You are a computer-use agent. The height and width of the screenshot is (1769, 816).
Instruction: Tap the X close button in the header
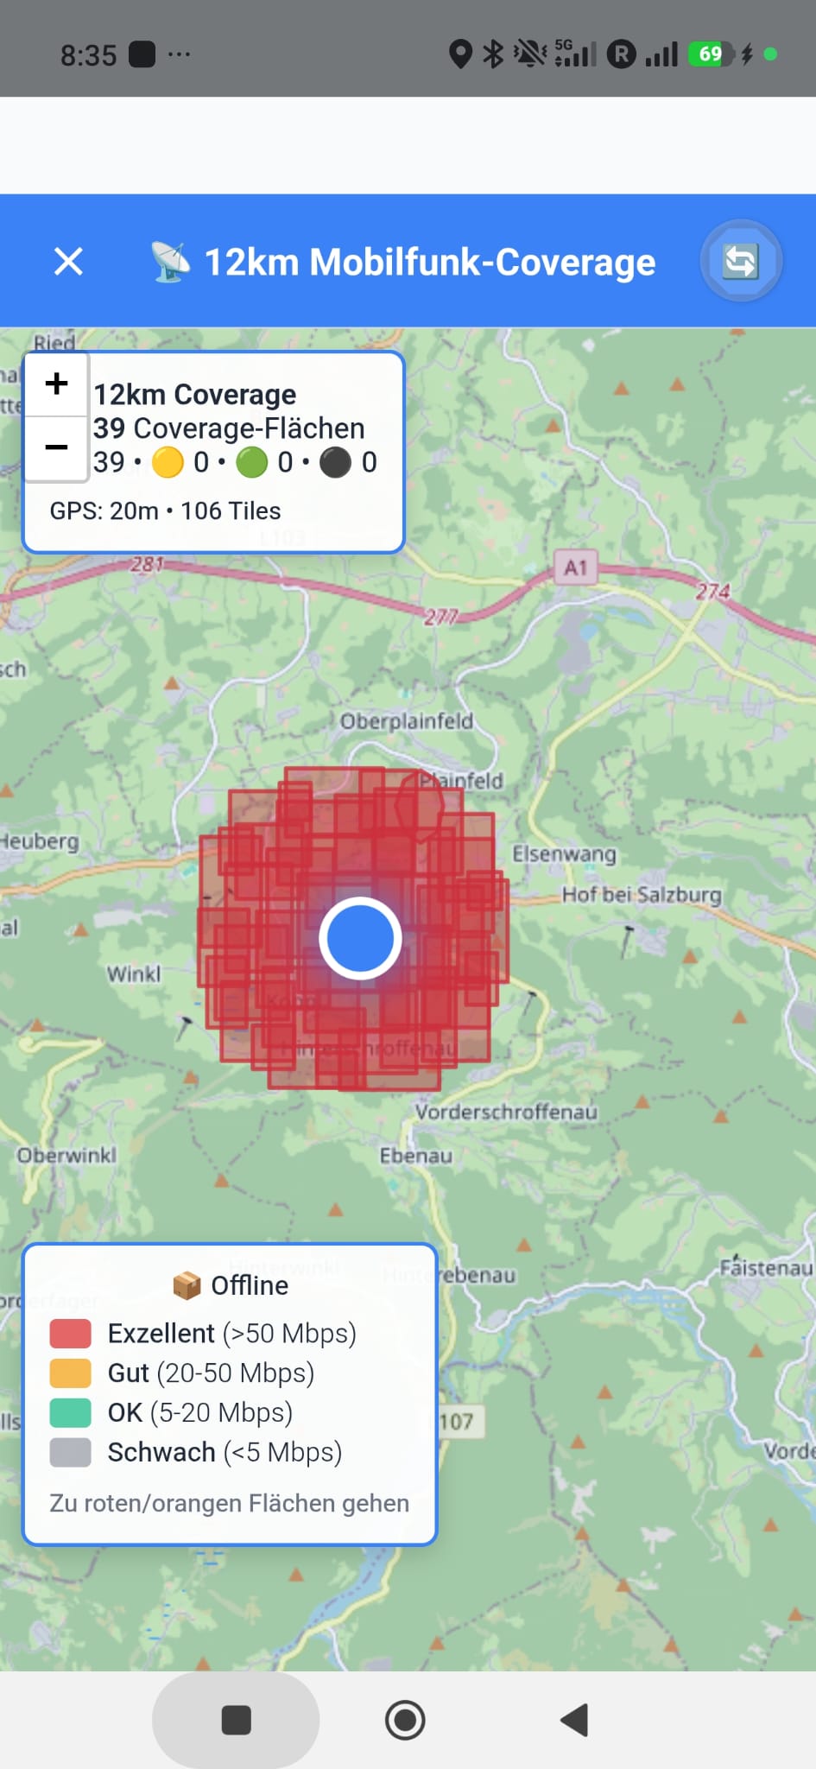68,261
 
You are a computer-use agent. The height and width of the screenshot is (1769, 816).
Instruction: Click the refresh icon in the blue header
740,261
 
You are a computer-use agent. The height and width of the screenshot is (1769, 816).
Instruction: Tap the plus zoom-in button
57,384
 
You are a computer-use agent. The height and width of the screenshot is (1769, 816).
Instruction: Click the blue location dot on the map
360,938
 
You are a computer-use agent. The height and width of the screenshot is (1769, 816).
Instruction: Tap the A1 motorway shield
576,567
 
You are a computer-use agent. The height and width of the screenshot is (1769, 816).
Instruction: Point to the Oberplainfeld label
407,721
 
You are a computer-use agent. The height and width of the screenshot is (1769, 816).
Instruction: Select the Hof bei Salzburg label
642,895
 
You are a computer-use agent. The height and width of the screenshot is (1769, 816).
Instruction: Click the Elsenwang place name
565,854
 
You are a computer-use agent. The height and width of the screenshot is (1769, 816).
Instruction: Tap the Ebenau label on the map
416,1156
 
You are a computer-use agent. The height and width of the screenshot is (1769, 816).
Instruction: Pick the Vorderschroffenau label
506,1112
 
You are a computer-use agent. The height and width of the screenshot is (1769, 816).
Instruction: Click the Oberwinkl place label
66,1156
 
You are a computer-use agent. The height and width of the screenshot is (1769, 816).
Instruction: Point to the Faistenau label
766,1268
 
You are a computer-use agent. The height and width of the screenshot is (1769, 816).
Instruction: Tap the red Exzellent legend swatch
71,1334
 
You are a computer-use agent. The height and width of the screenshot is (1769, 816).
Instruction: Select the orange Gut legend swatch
71,1373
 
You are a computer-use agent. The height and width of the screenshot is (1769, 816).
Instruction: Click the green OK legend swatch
71,1413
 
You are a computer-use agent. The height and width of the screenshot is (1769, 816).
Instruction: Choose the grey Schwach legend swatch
71,1453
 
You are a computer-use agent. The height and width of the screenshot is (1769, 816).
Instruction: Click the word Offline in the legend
250,1285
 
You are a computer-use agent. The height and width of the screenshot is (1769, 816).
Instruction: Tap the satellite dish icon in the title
171,262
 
